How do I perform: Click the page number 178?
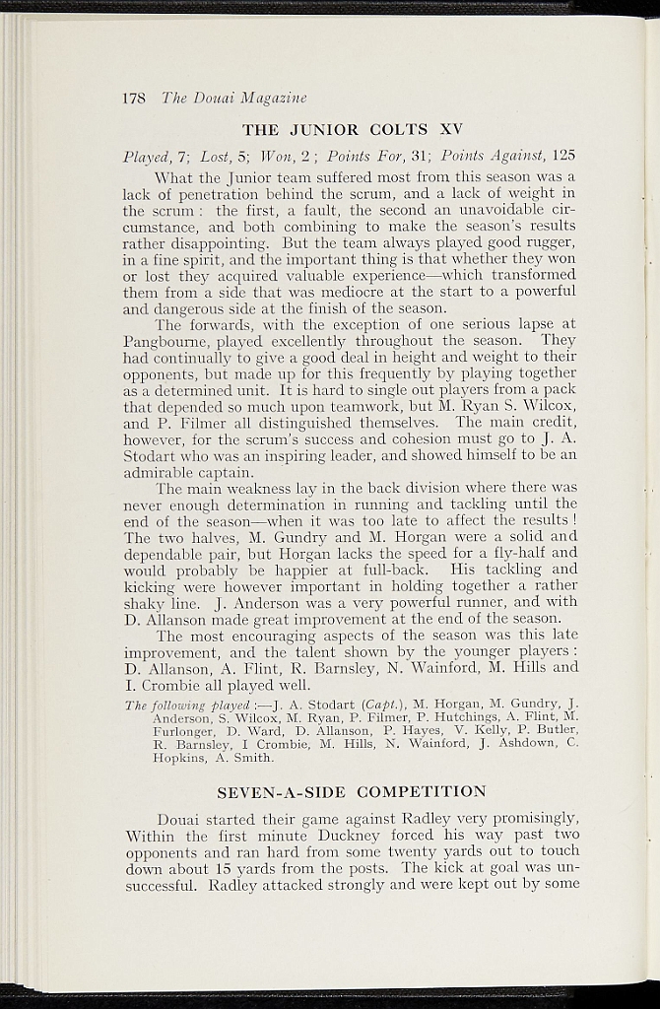click(x=134, y=98)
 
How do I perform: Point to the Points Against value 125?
click(x=562, y=156)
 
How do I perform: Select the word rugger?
click(x=545, y=244)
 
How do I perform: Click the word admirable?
click(x=167, y=471)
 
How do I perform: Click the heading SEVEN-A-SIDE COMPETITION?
click(x=351, y=791)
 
